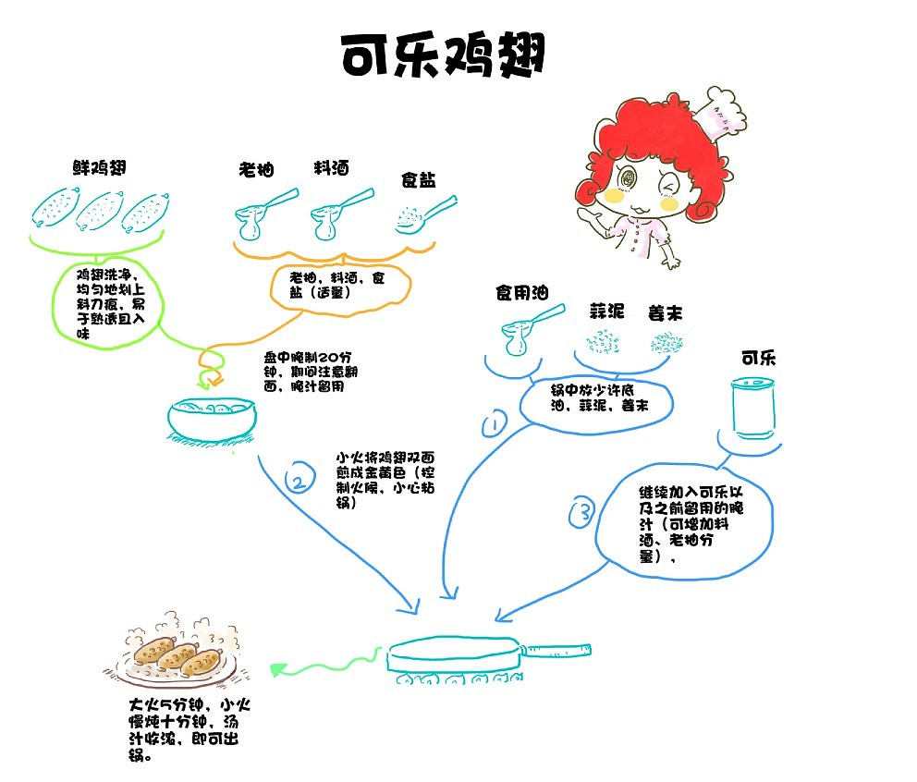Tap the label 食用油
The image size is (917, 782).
tap(521, 293)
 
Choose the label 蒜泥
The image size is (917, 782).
tap(609, 312)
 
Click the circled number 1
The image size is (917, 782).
tap(495, 424)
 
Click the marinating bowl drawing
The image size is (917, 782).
tap(212, 419)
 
